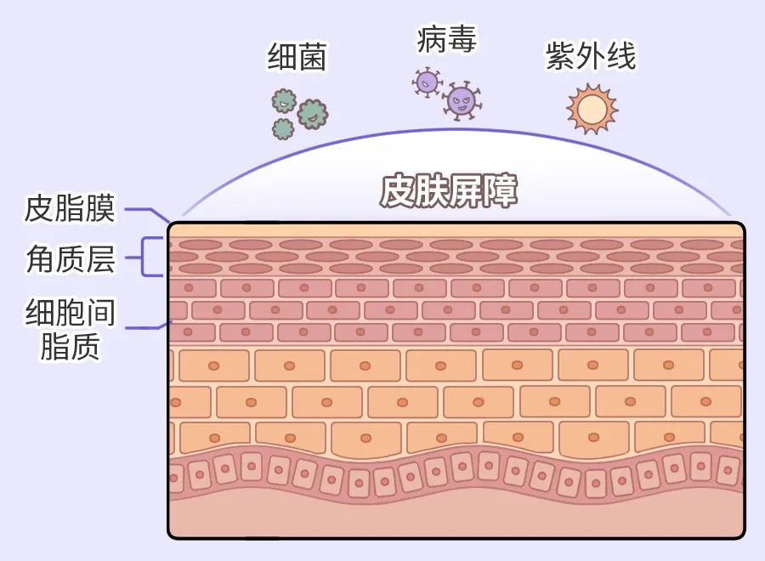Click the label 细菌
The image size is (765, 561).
[x=297, y=57]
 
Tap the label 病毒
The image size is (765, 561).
[x=446, y=38]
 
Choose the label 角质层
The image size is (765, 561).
[x=71, y=260]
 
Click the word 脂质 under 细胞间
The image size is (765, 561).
[x=70, y=347]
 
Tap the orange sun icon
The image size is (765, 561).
[x=592, y=109]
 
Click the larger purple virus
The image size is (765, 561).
[x=462, y=101]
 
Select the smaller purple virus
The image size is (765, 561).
[x=427, y=82]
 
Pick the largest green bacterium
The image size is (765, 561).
[x=312, y=113]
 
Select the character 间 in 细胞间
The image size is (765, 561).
[x=100, y=314]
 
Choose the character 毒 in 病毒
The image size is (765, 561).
[x=461, y=38]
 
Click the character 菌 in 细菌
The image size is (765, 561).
[x=312, y=57]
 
